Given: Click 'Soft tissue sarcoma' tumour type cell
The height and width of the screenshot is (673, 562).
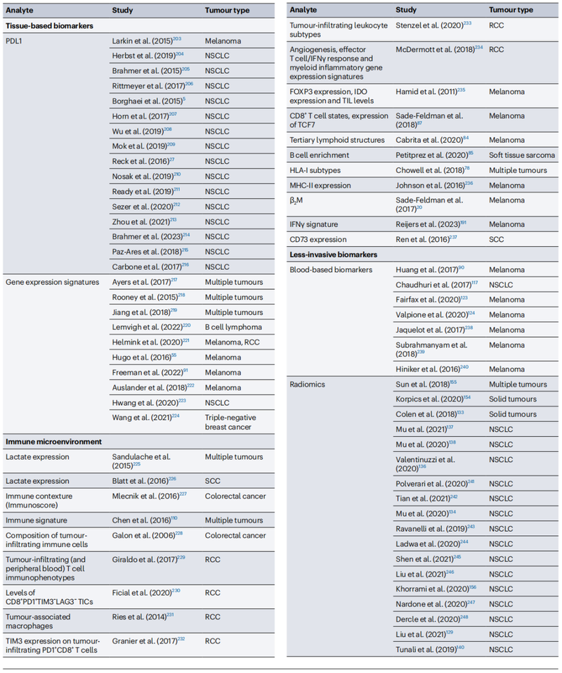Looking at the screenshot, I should (x=523, y=155).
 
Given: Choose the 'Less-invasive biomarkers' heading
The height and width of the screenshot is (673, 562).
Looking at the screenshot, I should (x=332, y=254).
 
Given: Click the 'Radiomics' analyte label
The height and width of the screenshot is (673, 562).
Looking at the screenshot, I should (x=308, y=385).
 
